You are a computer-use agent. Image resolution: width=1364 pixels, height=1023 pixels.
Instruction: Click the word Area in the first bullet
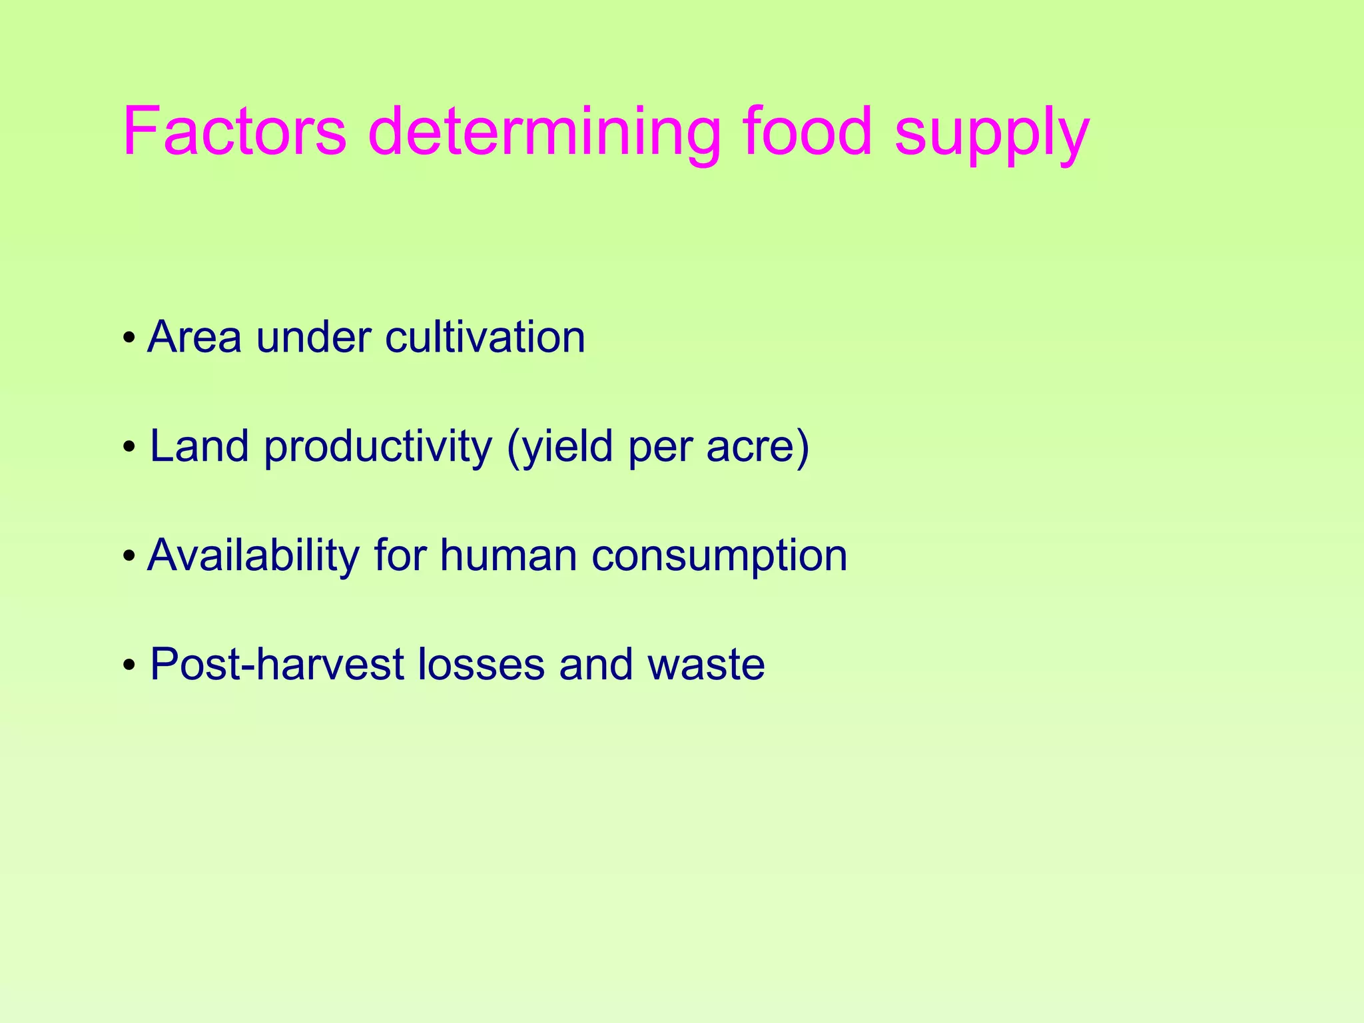pos(194,337)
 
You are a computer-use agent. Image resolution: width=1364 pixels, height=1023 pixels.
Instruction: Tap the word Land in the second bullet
pos(199,446)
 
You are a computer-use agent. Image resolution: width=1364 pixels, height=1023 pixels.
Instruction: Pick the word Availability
pos(253,555)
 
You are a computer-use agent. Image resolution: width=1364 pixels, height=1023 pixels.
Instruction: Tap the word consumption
pos(719,558)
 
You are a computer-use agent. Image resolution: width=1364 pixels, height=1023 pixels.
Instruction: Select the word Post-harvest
pos(277,664)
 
